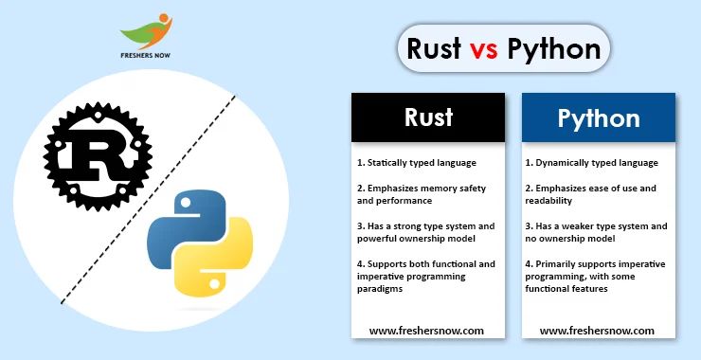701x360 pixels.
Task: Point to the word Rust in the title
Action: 433,49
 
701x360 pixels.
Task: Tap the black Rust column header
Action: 428,117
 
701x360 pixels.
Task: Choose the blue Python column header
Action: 598,118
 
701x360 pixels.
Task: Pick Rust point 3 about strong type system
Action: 424,232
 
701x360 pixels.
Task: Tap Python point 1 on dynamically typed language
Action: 591,162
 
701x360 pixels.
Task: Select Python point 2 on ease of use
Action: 591,194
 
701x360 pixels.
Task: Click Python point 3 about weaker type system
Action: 595,232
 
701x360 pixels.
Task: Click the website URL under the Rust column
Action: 426,331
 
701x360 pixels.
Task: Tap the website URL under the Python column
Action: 597,331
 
